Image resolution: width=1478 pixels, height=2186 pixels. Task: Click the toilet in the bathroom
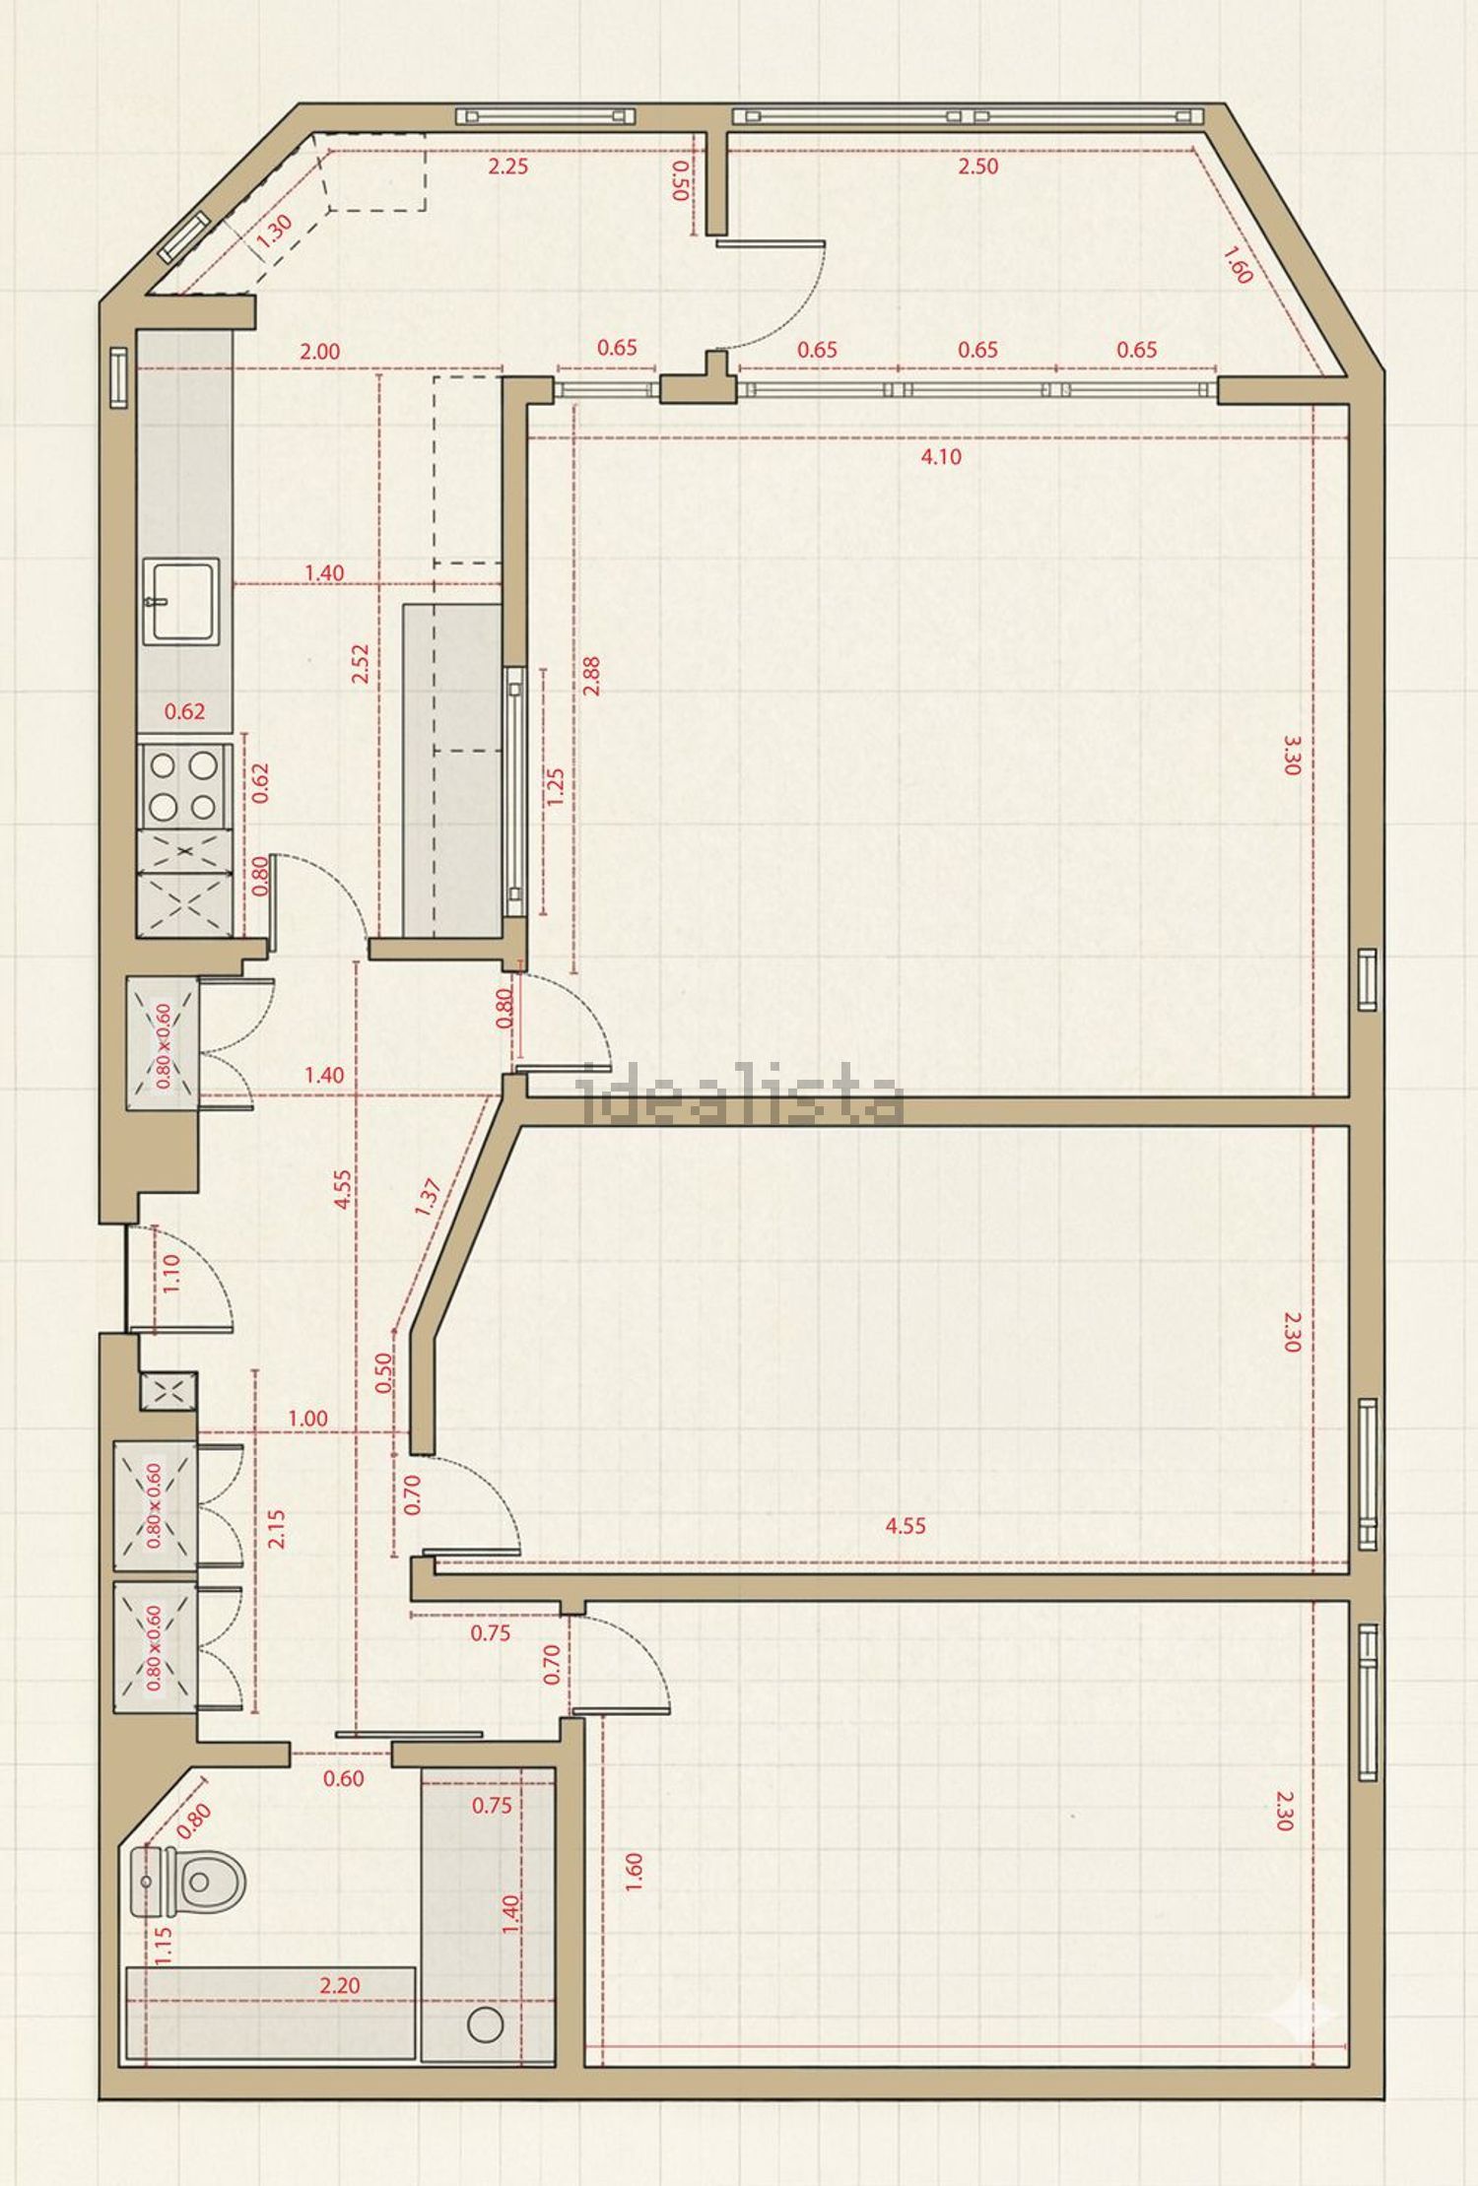187,1883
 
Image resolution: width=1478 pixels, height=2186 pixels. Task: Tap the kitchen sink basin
180,600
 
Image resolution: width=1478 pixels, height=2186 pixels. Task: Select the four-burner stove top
183,785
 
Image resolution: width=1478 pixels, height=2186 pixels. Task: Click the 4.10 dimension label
941,456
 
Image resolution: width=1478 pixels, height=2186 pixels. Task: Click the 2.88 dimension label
591,676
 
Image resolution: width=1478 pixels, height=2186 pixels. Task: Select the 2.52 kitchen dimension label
360,664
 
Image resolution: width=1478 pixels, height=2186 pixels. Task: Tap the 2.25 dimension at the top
508,166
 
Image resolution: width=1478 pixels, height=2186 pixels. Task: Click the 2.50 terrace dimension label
978,166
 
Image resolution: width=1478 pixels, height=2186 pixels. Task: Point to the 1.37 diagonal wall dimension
428,1197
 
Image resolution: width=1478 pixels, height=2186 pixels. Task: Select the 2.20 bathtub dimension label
339,1985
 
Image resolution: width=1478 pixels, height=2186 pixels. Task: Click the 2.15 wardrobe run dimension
277,1529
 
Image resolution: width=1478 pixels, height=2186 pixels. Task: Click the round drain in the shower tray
485,2024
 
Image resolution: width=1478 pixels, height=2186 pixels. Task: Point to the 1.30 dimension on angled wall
274,230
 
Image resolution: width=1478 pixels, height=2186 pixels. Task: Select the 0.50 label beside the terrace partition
680,181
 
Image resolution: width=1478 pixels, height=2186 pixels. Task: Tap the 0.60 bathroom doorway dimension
343,1778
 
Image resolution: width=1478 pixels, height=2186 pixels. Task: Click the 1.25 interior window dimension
555,788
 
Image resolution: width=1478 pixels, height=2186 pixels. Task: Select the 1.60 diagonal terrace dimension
1238,264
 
